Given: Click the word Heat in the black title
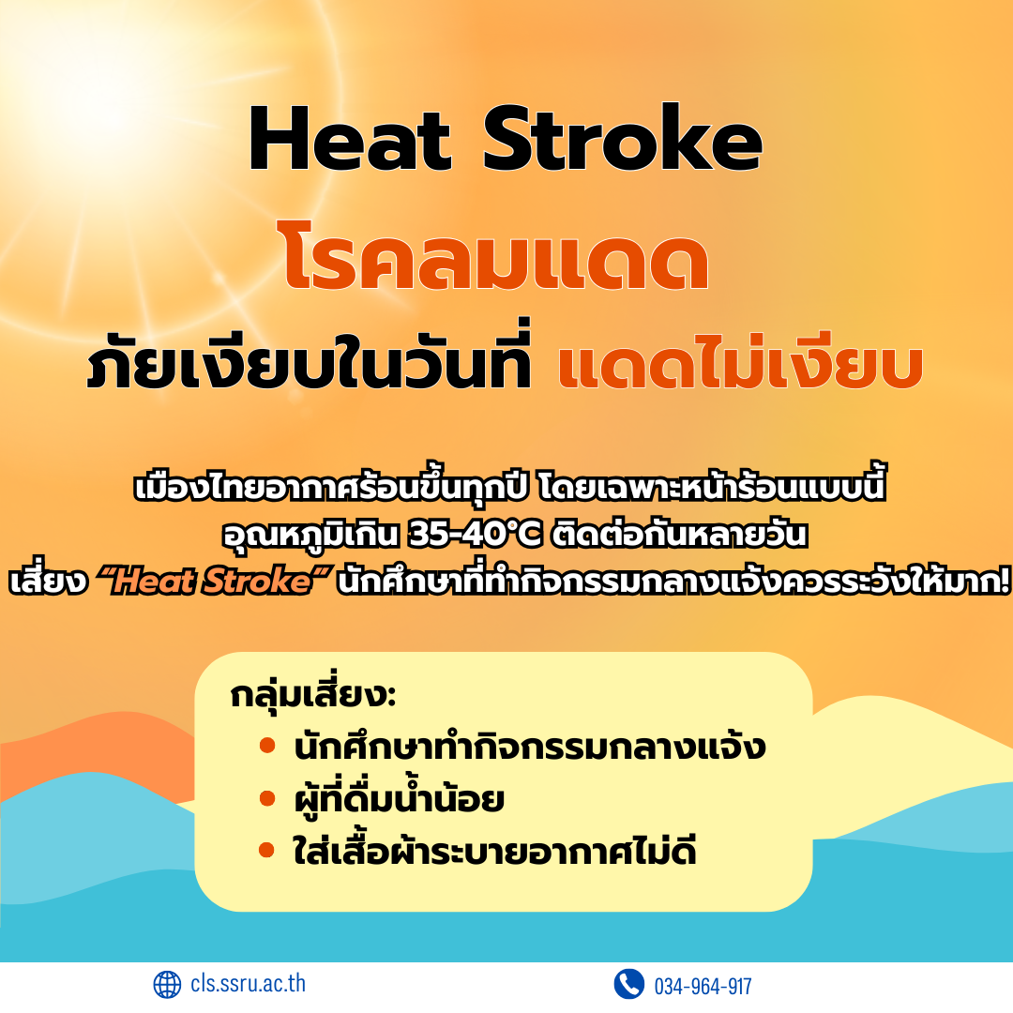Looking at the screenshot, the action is pos(350,138).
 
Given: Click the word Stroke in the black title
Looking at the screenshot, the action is pos(623,138).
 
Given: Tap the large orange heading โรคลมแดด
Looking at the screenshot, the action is pos(495,254).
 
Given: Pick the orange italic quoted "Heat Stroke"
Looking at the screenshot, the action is pos(214,581).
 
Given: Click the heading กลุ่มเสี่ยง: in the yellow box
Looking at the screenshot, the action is pos(312,693).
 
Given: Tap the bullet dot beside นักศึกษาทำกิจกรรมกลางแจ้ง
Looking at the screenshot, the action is pos(267,747).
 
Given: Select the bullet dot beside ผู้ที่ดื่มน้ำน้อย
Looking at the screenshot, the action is pos(267,798).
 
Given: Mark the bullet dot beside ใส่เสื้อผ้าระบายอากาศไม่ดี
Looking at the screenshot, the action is pos(266,850).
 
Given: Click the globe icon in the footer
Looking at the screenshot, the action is pos(167,985).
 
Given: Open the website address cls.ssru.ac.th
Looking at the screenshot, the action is pos(248,984).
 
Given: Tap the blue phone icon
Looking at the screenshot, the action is pos(628,985).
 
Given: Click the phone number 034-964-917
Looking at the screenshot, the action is pos(703,987).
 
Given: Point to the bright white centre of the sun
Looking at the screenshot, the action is pos(97,90).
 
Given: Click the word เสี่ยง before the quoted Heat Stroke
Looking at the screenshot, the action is pos(48,581).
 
